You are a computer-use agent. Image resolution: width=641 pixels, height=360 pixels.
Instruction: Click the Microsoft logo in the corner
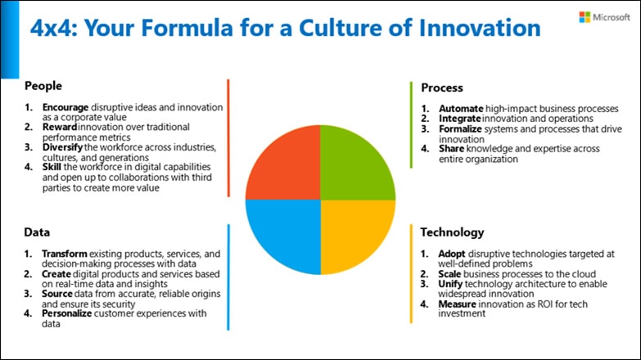(605, 17)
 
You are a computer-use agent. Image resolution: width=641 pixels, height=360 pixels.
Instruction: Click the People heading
(43, 86)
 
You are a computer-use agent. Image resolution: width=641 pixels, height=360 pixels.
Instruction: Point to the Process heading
(442, 88)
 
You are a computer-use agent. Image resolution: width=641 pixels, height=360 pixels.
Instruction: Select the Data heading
(37, 232)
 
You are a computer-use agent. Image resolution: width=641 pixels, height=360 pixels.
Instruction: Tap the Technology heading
(452, 232)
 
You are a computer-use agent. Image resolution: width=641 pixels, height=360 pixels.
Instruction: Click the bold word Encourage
(65, 107)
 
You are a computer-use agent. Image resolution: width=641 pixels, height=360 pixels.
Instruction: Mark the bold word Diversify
(62, 147)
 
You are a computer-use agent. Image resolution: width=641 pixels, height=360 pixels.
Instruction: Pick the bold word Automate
(461, 109)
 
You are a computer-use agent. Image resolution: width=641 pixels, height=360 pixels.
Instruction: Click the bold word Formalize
(460, 129)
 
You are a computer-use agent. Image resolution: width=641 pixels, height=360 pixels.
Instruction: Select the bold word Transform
(64, 254)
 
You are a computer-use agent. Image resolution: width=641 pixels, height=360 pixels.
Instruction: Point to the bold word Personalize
(66, 313)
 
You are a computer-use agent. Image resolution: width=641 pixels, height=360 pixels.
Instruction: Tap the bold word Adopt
(452, 254)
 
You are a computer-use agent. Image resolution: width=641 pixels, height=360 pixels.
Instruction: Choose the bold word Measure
(457, 304)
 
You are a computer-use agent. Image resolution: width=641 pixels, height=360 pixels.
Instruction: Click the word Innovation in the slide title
(480, 28)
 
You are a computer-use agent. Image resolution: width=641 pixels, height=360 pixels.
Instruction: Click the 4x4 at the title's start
(54, 28)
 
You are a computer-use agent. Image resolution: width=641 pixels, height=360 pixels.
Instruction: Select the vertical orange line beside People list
(228, 138)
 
